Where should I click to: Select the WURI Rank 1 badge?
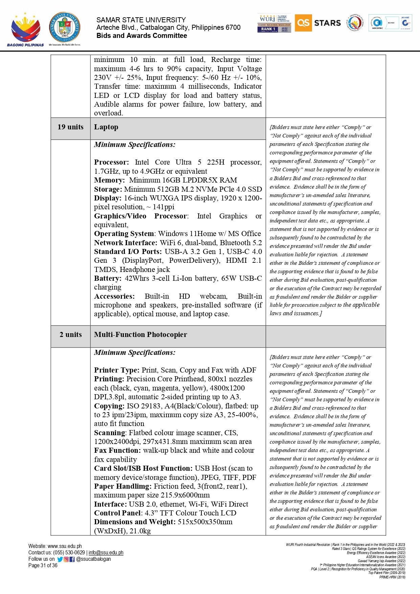tap(274, 23)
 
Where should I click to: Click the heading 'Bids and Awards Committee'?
tap(141, 36)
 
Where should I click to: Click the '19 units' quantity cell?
tap(70, 127)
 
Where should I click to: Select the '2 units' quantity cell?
tap(70, 335)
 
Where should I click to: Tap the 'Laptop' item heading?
tap(106, 127)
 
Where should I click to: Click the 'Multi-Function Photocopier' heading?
tap(140, 335)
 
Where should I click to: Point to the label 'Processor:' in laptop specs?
tap(111, 162)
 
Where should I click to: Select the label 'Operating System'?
tap(124, 234)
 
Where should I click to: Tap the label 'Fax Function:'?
tap(117, 450)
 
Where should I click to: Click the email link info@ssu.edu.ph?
tap(106, 553)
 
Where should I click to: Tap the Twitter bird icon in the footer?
tap(60, 559)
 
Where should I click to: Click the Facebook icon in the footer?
tap(72, 559)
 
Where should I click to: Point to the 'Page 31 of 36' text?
tap(43, 566)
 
